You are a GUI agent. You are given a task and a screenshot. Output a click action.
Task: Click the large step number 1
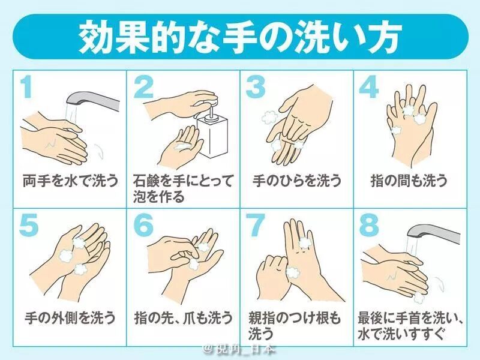pyautogui.click(x=26, y=88)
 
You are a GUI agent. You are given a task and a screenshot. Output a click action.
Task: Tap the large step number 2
pyautogui.click(x=144, y=88)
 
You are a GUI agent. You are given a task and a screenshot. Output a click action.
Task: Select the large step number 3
pyautogui.click(x=256, y=88)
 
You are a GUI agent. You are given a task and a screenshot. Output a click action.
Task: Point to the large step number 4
pyautogui.click(x=368, y=88)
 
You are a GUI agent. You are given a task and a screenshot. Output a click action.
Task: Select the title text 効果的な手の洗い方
pyautogui.click(x=239, y=37)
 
